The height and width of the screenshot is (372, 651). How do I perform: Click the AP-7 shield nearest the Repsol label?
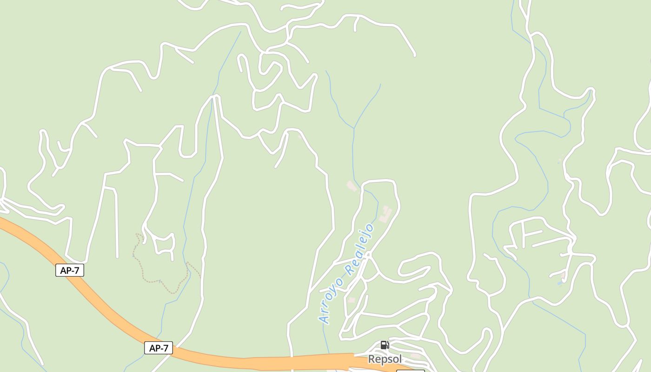click(x=159, y=348)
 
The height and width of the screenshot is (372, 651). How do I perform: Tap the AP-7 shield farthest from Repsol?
click(x=70, y=270)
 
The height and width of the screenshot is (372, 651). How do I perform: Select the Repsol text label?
click(x=385, y=359)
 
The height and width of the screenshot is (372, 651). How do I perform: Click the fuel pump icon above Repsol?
click(x=385, y=345)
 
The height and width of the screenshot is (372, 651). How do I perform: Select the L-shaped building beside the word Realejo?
click(x=385, y=214)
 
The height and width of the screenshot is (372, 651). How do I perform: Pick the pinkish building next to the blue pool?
click(x=564, y=275)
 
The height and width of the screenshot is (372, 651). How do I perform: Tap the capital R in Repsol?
click(x=372, y=359)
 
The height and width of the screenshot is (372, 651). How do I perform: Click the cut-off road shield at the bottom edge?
click(x=410, y=370)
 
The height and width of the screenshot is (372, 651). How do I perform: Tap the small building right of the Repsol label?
click(x=415, y=356)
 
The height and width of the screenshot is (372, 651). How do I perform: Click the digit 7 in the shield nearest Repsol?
click(x=167, y=348)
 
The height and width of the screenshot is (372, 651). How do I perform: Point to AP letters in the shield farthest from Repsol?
click(x=65, y=270)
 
